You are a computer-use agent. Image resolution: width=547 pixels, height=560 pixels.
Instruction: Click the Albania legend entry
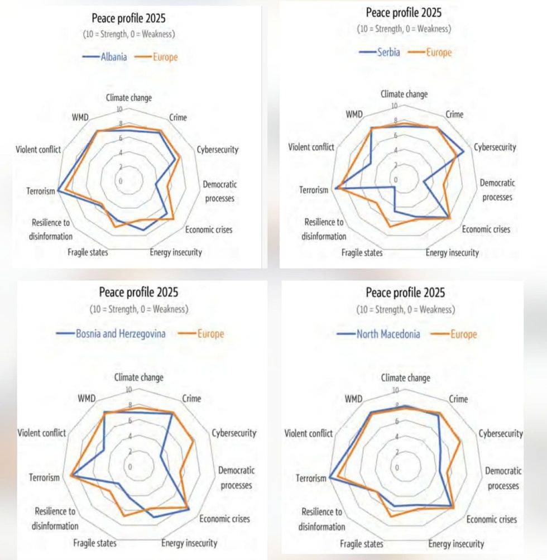click(113, 57)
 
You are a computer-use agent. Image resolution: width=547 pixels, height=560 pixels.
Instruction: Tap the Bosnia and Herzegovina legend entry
click(121, 334)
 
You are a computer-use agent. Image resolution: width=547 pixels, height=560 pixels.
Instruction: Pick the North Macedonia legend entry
click(388, 334)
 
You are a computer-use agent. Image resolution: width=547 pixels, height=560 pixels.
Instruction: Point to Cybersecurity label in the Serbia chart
click(495, 147)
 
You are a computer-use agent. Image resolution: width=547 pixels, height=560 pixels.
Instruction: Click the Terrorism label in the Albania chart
click(41, 192)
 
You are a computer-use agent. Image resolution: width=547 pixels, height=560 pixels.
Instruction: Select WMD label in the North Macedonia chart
click(354, 399)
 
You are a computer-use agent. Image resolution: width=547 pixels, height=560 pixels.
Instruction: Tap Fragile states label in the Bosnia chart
click(95, 543)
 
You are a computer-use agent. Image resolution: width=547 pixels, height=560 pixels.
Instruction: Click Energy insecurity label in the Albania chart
click(176, 252)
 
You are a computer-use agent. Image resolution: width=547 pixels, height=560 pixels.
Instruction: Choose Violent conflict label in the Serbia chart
click(311, 147)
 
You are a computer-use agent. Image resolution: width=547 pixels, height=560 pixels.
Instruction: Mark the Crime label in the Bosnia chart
click(191, 399)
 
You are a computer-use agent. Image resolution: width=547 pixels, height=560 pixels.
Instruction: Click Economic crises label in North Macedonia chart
click(492, 519)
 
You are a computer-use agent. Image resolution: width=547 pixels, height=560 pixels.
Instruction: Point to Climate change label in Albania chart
click(129, 98)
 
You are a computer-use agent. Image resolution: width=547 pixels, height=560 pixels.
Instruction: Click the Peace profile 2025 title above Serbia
click(404, 12)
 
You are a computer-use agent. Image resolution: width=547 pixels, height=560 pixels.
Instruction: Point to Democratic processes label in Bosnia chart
click(236, 478)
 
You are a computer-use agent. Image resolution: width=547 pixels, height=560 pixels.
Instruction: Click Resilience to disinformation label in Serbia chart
click(324, 229)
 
